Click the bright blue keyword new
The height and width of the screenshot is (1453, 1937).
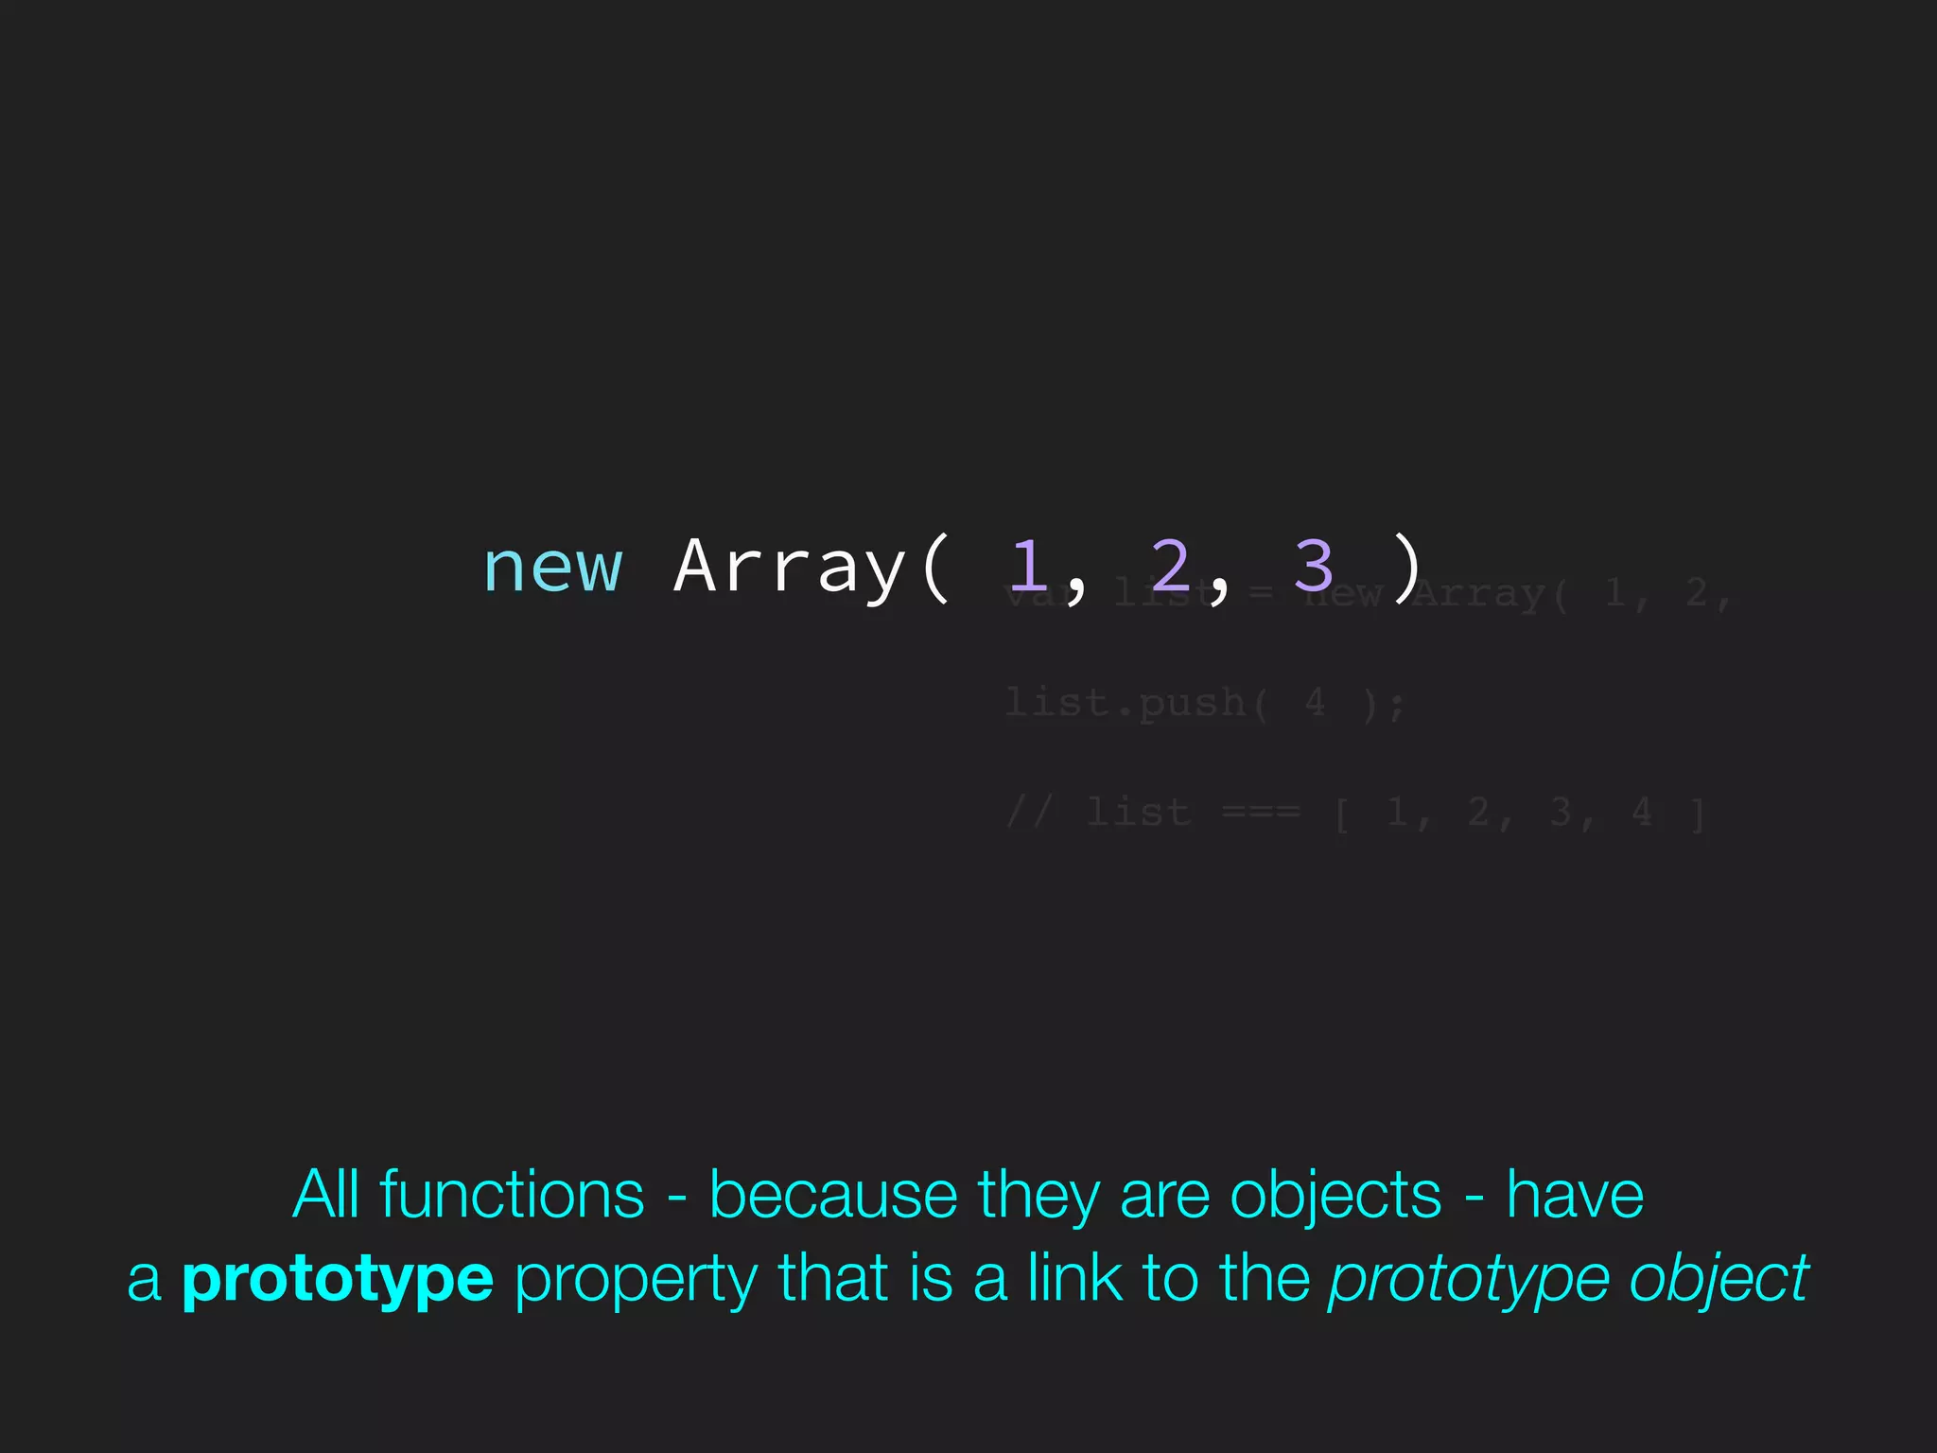click(553, 569)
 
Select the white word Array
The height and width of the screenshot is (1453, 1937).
click(790, 568)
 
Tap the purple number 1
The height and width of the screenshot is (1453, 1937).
click(1028, 566)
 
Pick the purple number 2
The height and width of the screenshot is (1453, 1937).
click(1170, 566)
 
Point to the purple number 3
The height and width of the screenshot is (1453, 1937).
click(1313, 566)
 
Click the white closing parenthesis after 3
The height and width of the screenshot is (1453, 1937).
click(1408, 568)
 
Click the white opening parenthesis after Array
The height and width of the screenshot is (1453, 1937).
click(934, 568)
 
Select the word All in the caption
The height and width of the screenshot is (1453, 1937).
click(326, 1195)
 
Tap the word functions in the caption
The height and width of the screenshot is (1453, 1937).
click(512, 1195)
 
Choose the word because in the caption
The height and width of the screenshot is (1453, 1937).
click(833, 1197)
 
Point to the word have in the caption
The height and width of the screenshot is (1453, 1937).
click(1575, 1196)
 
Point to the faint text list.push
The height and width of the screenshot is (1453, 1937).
click(1126, 704)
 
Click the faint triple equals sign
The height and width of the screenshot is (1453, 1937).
click(1261, 813)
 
